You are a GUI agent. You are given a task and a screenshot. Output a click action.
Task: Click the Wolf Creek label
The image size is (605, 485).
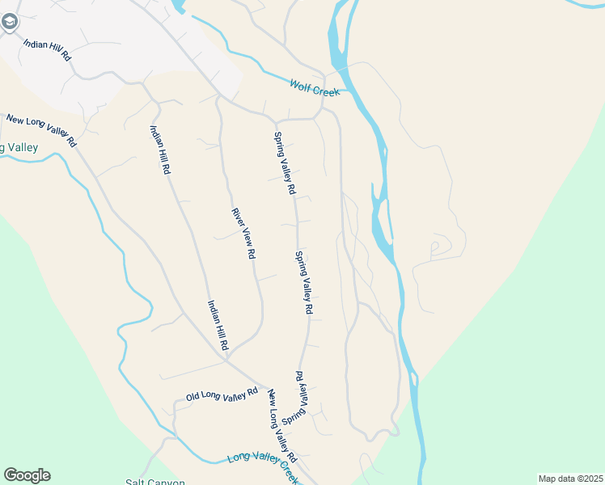point(315,87)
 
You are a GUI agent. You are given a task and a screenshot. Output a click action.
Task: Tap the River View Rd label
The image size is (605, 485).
point(243,234)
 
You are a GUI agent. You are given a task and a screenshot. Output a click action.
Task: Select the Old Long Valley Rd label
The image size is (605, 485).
point(221,394)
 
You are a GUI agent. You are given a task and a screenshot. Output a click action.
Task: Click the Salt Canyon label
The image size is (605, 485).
point(155,482)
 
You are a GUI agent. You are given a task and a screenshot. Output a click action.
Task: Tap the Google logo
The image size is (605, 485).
point(27,475)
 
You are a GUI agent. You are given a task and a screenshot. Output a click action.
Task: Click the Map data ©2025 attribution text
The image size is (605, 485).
point(569,479)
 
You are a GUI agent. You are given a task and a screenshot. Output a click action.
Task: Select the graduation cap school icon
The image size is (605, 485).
point(10,22)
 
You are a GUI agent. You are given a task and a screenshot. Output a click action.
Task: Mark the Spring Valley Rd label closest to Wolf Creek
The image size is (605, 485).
point(284,164)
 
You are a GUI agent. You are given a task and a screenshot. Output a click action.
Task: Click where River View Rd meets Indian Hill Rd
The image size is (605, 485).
point(227,356)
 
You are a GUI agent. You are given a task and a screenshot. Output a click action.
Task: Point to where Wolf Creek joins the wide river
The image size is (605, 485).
point(343,90)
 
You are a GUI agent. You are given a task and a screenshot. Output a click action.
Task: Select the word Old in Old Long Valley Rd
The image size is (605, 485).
point(192,398)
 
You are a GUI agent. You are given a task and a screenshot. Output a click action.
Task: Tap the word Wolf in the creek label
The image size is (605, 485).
point(301,83)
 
